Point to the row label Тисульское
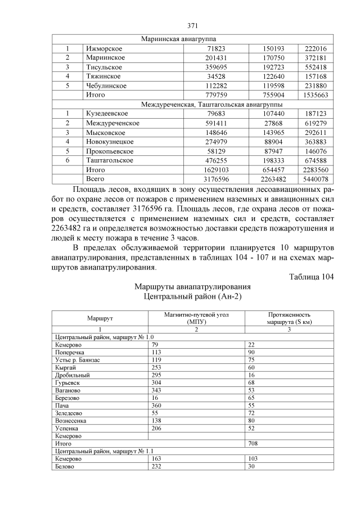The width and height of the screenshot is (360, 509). [x=104, y=67]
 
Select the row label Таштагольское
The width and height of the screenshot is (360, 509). [x=110, y=160]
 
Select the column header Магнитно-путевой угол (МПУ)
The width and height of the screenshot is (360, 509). [x=196, y=319]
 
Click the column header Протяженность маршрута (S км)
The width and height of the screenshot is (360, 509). [x=289, y=319]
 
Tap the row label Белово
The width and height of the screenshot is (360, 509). [x=65, y=466]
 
